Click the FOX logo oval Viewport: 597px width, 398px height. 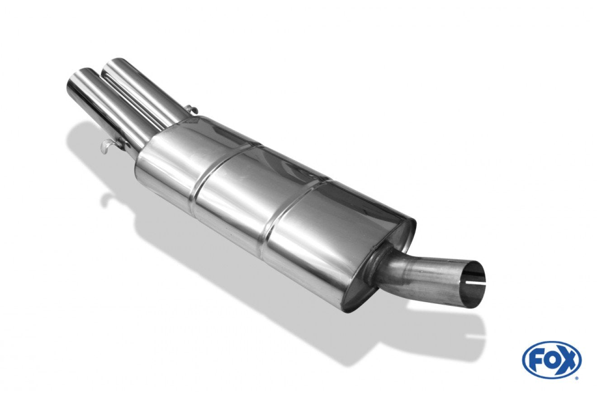552,360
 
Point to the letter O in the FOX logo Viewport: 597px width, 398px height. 552,360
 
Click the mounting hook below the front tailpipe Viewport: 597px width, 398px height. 108,146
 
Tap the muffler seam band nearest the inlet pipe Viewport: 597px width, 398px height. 289,213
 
